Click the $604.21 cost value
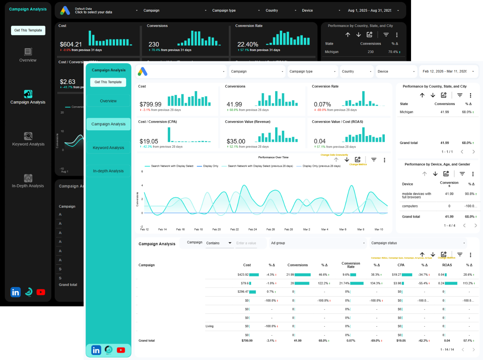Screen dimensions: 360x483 pyautogui.click(x=71, y=44)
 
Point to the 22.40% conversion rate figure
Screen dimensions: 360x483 pyautogui.click(x=247, y=44)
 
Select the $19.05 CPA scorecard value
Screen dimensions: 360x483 pyautogui.click(x=149, y=141)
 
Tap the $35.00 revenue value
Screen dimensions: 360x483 pyautogui.click(x=236, y=141)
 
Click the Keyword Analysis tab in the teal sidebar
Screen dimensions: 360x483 pyautogui.click(x=108, y=148)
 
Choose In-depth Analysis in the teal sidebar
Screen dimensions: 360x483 pyautogui.click(x=108, y=171)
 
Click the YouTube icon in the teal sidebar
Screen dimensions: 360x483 pyautogui.click(x=121, y=350)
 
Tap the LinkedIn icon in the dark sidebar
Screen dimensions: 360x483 pyautogui.click(x=15, y=292)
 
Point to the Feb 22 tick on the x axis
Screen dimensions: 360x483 pyautogui.click(x=235, y=229)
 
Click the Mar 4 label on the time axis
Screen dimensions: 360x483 pyautogui.click(x=324, y=229)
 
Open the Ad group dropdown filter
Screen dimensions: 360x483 pyautogui.click(x=317, y=243)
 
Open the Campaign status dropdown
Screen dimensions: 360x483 pyautogui.click(x=418, y=243)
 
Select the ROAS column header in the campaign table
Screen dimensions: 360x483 pyautogui.click(x=447, y=265)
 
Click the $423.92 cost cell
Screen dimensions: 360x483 pyautogui.click(x=243, y=275)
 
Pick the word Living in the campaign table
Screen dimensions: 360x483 pyautogui.click(x=210, y=326)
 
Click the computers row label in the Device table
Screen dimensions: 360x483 pyautogui.click(x=410, y=206)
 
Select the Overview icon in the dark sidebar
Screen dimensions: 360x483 pyautogui.click(x=28, y=52)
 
